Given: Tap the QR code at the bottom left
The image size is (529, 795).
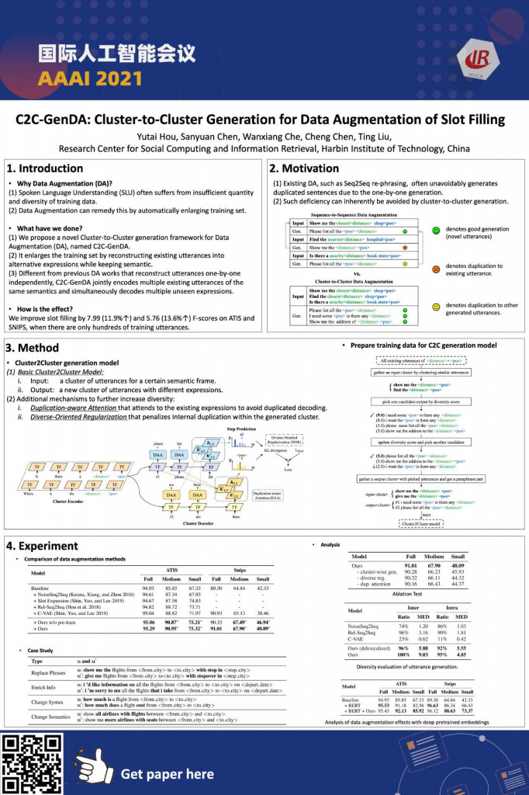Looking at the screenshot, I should (x=32, y=763).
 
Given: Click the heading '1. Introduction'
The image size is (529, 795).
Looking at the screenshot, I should (x=44, y=168).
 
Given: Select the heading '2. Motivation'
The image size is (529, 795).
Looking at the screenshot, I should (x=305, y=168).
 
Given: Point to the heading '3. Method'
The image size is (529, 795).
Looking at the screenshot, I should (x=33, y=348).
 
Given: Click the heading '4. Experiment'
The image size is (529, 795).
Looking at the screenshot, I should (x=42, y=546).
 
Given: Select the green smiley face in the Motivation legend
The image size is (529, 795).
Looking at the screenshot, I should (x=437, y=231).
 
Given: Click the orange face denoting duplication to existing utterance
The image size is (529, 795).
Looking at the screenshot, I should (x=437, y=269).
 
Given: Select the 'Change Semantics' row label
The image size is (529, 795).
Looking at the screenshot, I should (x=49, y=717).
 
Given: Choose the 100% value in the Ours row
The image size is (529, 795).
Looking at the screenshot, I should (x=403, y=654).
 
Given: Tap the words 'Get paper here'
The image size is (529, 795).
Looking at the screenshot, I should (x=167, y=773).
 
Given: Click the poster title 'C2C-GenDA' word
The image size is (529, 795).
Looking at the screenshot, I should (x=55, y=120).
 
